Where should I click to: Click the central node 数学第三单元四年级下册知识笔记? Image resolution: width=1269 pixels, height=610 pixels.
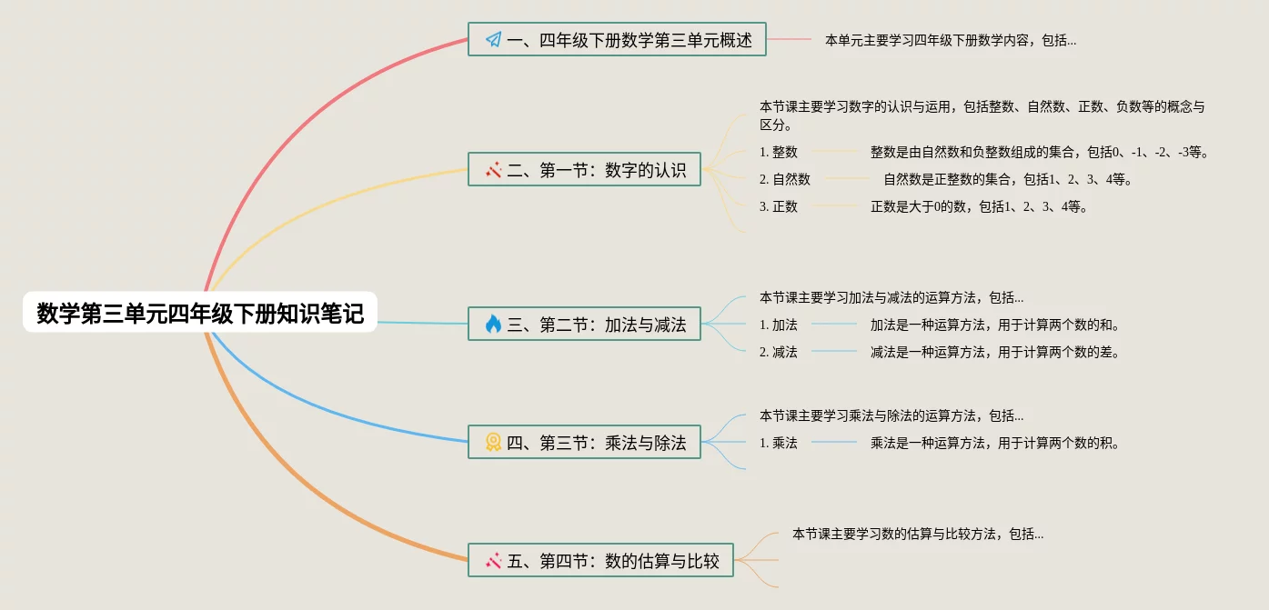pos(199,314)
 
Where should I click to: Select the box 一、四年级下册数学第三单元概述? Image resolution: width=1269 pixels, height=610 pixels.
pos(617,40)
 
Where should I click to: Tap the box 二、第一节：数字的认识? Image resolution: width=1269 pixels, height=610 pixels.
pos(584,169)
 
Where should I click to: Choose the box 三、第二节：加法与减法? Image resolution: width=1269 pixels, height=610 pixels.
pos(584,324)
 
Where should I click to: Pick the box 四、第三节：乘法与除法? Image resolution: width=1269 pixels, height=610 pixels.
pos(584,443)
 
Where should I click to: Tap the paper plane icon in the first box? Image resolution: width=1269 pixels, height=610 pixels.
pos(493,40)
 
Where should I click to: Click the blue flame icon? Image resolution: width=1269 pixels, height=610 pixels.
pos(493,324)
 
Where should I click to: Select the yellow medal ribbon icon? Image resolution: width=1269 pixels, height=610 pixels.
pos(493,443)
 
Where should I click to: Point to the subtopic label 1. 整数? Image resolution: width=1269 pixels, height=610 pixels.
pos(779,152)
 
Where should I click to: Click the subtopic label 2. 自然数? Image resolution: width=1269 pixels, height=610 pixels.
pos(785,179)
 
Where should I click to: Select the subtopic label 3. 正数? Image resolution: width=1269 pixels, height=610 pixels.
pos(779,206)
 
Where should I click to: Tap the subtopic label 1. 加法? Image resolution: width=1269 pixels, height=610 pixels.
pos(779,325)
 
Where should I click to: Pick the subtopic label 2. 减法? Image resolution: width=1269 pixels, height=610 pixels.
pos(779,352)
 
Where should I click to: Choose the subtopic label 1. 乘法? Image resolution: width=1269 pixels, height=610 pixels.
pos(779,443)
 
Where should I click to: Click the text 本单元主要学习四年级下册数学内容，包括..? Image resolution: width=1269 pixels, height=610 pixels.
pos(950,40)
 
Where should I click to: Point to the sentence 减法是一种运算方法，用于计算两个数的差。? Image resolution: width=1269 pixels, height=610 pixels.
pos(994,352)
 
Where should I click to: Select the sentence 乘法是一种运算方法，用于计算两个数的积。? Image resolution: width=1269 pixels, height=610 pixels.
pos(994,443)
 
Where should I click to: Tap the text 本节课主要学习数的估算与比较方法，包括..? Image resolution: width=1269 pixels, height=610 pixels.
pos(917,534)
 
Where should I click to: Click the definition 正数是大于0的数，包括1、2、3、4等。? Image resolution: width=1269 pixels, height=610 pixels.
pos(979,206)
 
